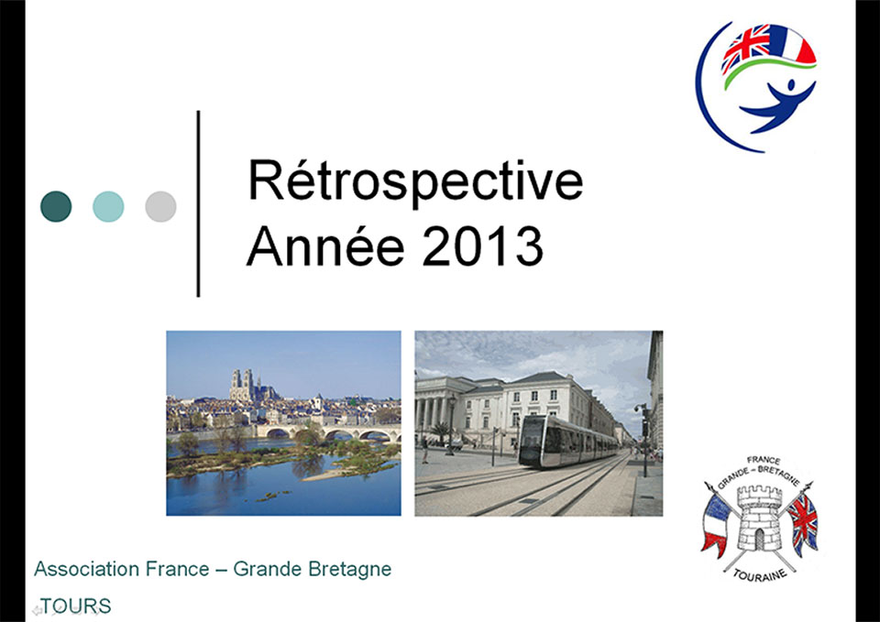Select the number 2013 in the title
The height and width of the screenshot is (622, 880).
[482, 246]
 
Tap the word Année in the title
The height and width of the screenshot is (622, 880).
[325, 246]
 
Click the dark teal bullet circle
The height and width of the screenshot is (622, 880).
[56, 206]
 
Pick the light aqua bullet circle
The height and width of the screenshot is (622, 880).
[108, 206]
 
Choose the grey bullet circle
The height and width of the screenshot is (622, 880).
[160, 206]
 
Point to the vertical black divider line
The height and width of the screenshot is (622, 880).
[198, 203]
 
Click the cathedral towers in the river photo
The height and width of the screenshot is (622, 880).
[242, 385]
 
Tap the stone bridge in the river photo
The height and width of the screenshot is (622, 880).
[328, 432]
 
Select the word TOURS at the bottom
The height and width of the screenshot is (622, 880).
[76, 606]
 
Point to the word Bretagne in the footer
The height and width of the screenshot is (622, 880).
[350, 570]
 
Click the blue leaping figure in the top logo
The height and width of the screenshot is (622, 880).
[778, 105]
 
